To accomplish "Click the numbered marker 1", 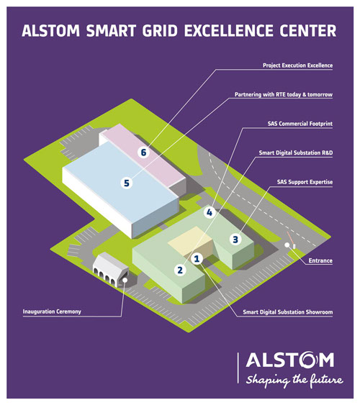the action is [x=197, y=258].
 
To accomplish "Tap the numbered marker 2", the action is [x=180, y=270].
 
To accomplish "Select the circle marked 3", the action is [x=235, y=240].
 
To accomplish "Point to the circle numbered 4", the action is [x=210, y=213].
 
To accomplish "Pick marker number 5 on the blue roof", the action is [x=127, y=183].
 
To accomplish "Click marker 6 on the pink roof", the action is [x=143, y=153].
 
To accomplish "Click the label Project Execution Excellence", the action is [x=297, y=65].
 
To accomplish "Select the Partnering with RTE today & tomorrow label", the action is [x=284, y=94].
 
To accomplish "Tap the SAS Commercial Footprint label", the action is [x=300, y=124].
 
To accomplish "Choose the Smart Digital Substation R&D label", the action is [x=296, y=153].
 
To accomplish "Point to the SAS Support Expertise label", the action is [x=305, y=182].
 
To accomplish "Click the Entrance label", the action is [x=320, y=260].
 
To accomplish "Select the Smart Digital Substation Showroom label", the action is [x=287, y=312].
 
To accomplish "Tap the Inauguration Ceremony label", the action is [x=52, y=311].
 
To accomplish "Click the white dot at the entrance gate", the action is [x=287, y=245].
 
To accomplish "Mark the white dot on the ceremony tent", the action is [x=125, y=280].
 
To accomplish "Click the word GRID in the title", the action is [x=160, y=30].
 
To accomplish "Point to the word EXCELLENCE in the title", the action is [x=228, y=30].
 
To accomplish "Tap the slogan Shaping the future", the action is [x=294, y=381].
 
